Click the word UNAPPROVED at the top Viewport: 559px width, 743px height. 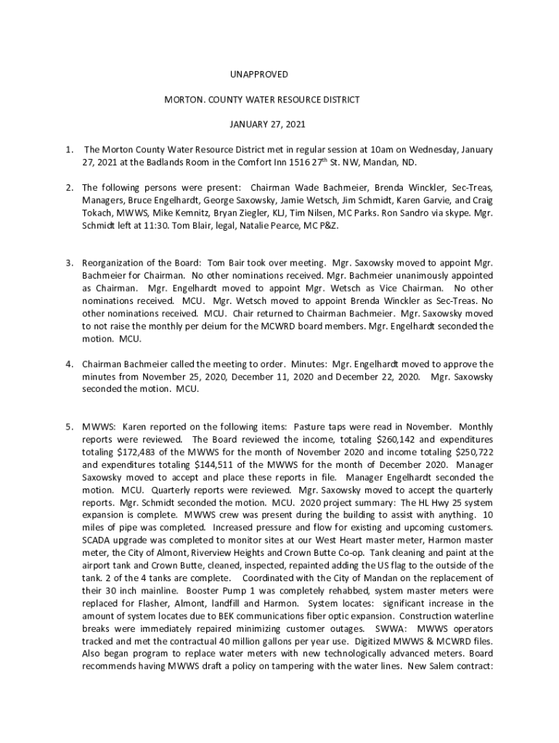point(259,75)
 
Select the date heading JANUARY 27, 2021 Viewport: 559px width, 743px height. point(259,124)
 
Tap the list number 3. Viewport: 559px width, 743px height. point(68,263)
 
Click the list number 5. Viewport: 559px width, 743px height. point(68,427)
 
